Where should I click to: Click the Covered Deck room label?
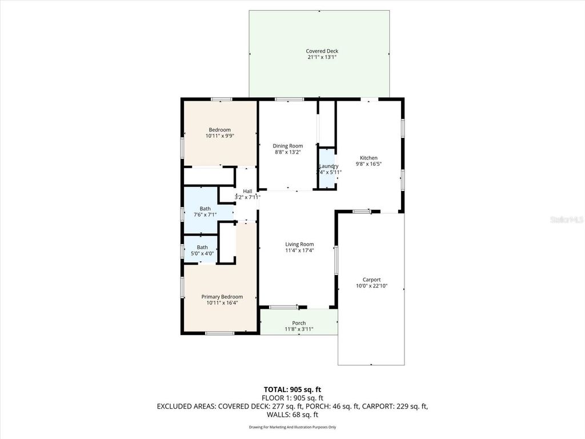[322, 51]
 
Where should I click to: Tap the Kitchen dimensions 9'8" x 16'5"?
[368, 164]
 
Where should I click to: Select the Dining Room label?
[287, 146]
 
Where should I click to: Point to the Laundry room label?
[328, 166]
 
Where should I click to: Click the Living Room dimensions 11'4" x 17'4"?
[299, 250]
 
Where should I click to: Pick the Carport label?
[371, 280]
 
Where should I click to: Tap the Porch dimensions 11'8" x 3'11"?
[299, 329]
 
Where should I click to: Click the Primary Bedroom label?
[222, 297]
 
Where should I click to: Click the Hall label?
[247, 191]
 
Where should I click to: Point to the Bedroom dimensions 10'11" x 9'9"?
[219, 136]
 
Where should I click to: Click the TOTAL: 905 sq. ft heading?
[292, 389]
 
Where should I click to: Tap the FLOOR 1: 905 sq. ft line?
[292, 398]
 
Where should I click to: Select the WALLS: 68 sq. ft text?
[292, 415]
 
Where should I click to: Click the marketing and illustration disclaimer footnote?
[292, 427]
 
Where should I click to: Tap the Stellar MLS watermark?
[566, 219]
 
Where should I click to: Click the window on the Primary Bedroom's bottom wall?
[219, 333]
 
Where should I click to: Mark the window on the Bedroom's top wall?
[221, 99]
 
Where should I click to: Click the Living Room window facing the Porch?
[283, 308]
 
